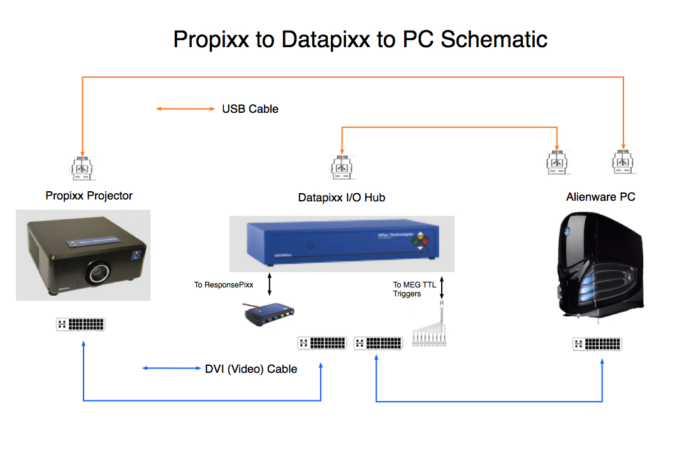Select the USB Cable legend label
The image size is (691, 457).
[250, 109]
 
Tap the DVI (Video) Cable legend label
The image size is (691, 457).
[251, 368]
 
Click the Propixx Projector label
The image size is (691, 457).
[89, 196]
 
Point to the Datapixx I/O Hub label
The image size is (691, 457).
[342, 198]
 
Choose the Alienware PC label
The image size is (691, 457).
[600, 197]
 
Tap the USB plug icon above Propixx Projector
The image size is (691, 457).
[82, 166]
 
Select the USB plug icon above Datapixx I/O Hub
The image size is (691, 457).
[342, 166]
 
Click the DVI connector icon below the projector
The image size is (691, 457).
[81, 324]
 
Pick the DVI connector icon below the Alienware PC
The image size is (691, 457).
[597, 344]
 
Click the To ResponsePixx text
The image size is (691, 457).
[224, 285]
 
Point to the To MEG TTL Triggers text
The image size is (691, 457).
[414, 289]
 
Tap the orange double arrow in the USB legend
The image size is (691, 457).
[186, 109]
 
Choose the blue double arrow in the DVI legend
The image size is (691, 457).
[170, 368]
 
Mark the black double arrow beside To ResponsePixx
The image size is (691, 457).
[269, 285]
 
